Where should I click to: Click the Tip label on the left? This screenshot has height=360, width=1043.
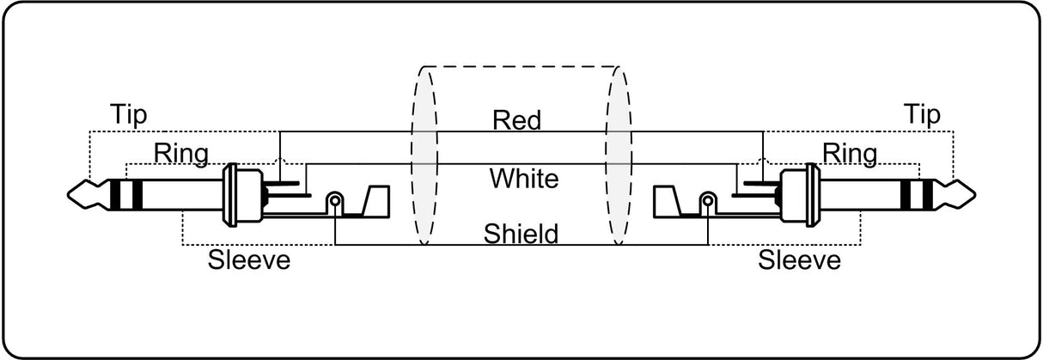click(129, 115)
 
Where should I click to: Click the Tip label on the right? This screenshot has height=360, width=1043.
click(922, 115)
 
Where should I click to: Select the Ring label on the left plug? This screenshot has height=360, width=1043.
click(181, 154)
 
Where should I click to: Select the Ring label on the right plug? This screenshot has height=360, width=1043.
click(851, 154)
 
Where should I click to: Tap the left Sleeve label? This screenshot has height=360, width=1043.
click(249, 259)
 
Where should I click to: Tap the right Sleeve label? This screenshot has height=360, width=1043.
click(800, 259)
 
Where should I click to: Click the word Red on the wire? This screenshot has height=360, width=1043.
click(517, 120)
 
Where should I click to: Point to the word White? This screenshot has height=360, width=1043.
click(524, 179)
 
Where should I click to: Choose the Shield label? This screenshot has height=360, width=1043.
click(521, 234)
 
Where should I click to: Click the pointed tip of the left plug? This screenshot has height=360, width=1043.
click(69, 195)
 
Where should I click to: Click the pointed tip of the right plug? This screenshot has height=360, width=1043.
click(975, 195)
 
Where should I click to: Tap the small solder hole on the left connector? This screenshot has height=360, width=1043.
click(335, 201)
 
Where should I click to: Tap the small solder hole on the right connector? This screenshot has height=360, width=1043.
click(708, 201)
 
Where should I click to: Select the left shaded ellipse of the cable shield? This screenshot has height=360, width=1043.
click(424, 156)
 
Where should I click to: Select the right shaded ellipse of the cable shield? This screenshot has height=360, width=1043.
click(619, 156)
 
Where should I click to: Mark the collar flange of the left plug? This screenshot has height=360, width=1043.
click(230, 195)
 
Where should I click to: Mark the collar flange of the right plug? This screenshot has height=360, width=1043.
click(813, 195)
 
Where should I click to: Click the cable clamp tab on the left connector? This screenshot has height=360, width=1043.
click(375, 202)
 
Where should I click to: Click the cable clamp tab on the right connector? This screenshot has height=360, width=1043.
click(668, 202)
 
